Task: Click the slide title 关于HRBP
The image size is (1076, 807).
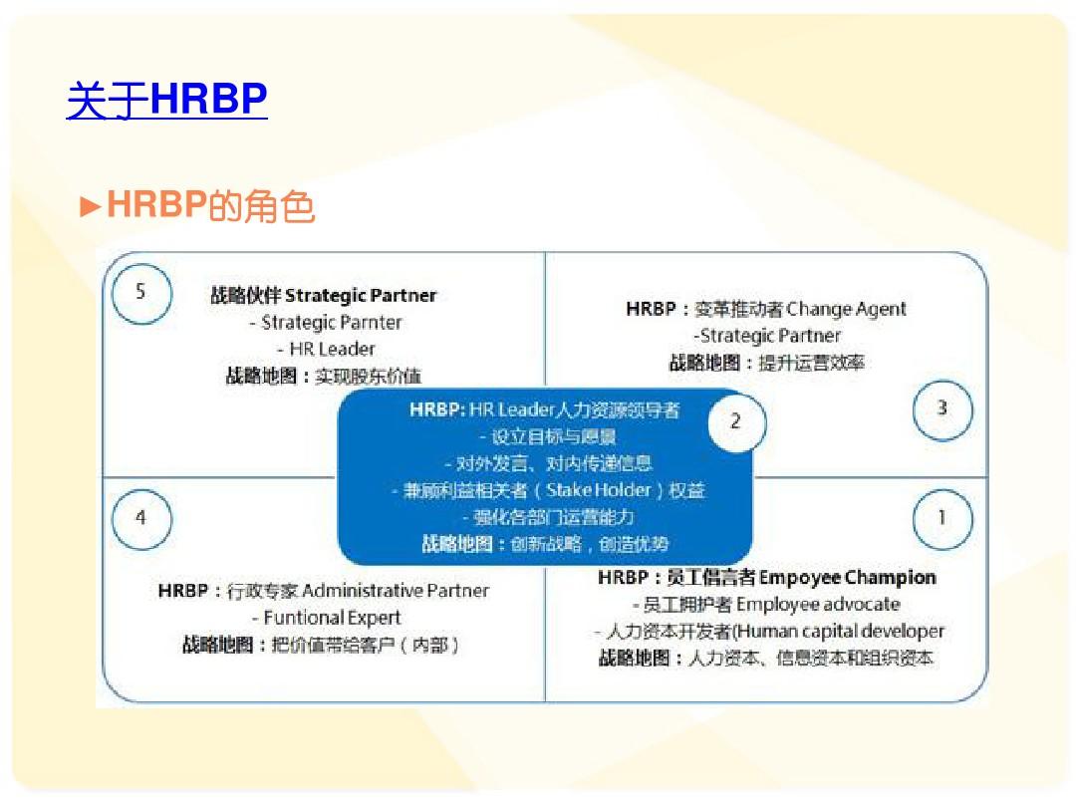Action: pos(166,100)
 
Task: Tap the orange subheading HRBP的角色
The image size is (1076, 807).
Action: pos(210,205)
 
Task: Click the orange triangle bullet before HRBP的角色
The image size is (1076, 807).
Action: pos(91,206)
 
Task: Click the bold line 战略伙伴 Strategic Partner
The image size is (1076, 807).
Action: pos(323,296)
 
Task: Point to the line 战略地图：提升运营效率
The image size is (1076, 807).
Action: pos(766,363)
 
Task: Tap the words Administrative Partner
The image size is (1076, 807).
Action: pos(396,591)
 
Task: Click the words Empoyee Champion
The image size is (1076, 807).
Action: pos(848,578)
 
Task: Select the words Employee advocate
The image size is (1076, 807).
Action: pos(818,605)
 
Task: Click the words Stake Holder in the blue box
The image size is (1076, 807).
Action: pos(599,490)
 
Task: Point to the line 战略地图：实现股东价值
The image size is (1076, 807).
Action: pos(323,376)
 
